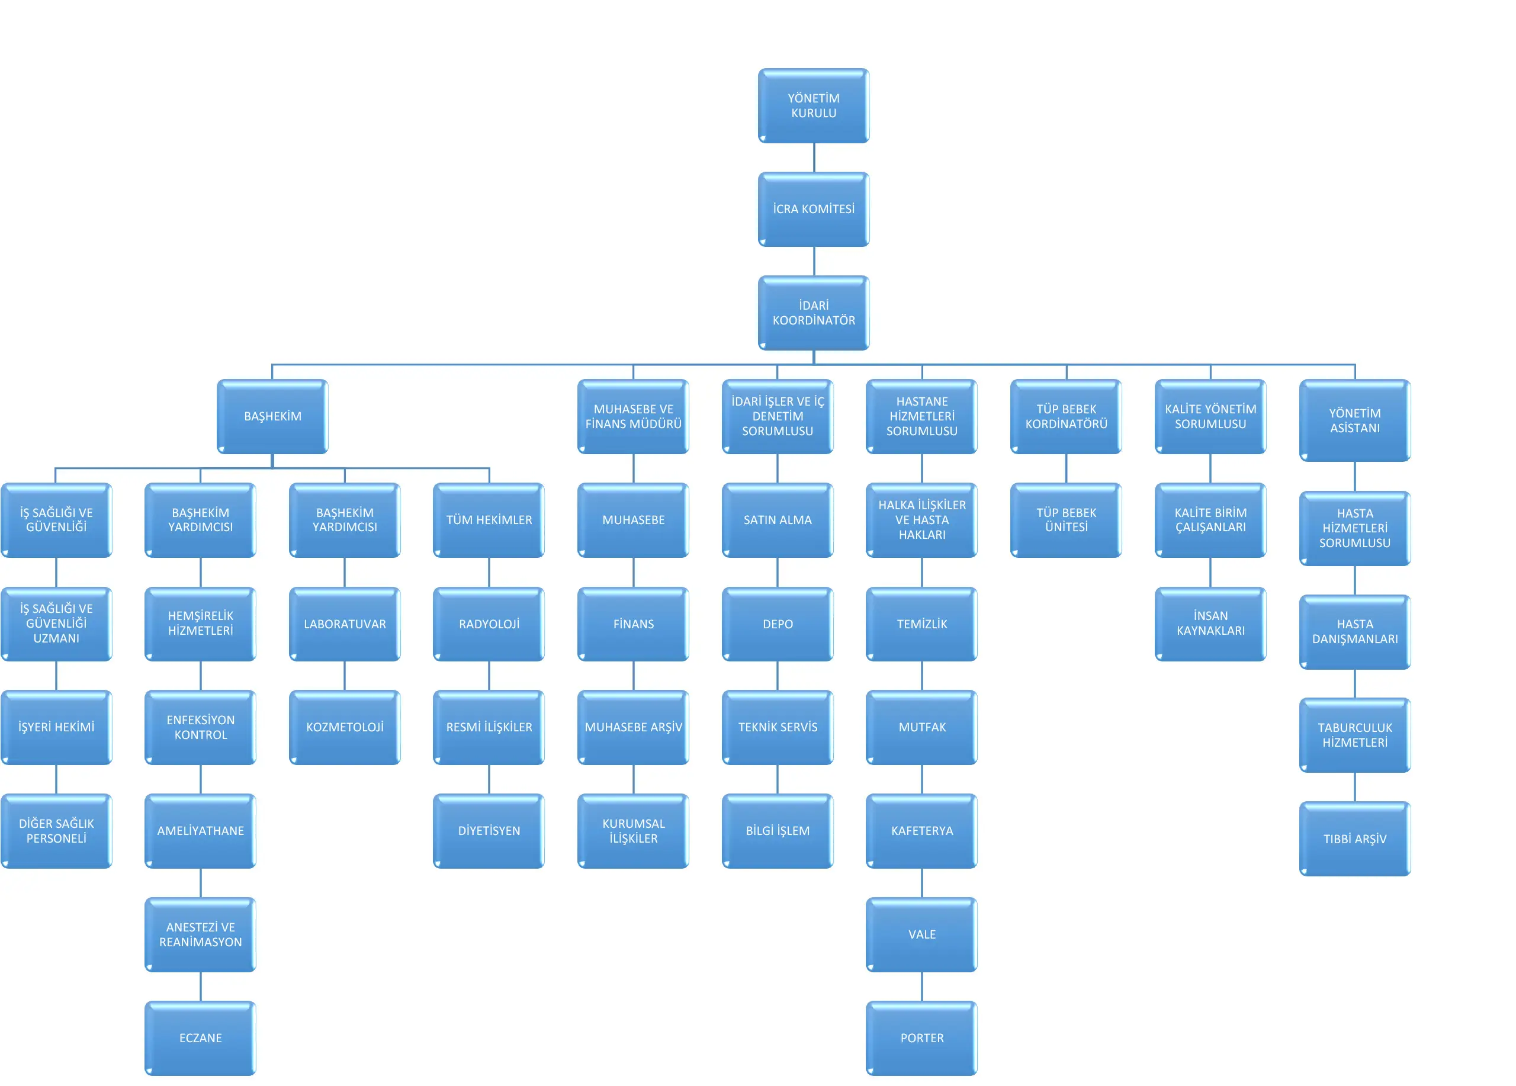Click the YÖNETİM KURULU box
pos(814,105)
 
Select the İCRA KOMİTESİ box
pos(814,209)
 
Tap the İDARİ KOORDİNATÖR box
pos(814,313)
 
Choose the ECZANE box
pos(201,1038)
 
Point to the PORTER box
pos(922,1038)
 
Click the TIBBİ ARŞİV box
pos(1355,838)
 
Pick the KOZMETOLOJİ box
pos(345,727)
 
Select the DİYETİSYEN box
pos(489,831)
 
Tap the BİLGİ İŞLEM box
pos(778,831)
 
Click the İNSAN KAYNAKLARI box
pos(1210,624)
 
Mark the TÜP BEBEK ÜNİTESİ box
pos(1066,520)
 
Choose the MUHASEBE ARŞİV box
pos(633,727)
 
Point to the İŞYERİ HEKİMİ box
pos(56,727)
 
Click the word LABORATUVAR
pos(345,624)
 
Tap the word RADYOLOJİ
pos(489,624)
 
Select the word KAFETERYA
pos(922,831)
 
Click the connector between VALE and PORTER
pos(922,987)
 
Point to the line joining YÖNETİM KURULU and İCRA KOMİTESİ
pos(814,158)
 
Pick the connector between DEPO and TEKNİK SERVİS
pos(778,676)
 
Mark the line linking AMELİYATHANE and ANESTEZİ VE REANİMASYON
pos(201,883)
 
